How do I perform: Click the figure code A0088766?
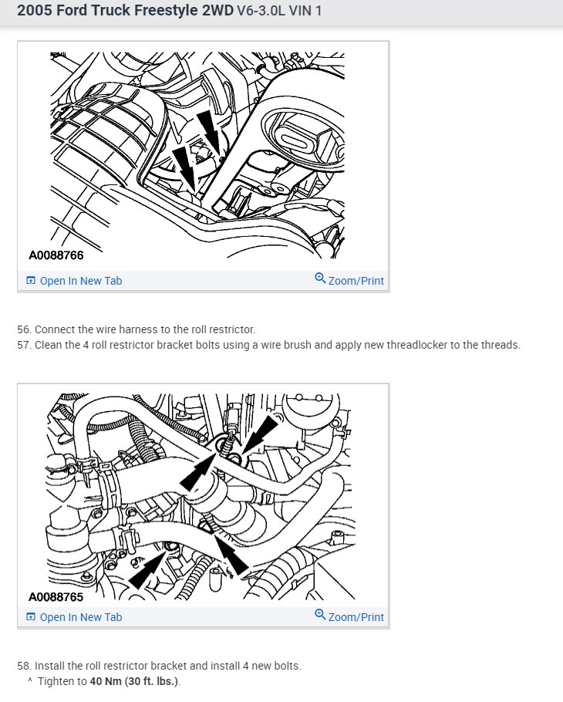56,255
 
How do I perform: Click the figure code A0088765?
56,597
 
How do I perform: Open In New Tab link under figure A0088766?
80,281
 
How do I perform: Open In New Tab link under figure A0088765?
80,617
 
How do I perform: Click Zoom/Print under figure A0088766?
356,281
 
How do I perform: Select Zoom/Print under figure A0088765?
356,617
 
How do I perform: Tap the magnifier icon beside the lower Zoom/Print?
320,614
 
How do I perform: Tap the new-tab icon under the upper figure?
31,281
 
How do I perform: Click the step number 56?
24,329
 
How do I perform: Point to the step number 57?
24,345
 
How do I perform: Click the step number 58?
24,666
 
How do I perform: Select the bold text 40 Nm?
106,681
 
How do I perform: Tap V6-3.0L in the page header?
261,11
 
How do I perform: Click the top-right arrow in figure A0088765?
261,433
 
